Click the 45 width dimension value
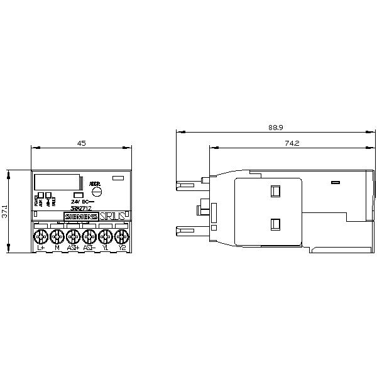[x=81, y=143]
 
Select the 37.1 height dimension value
[x=6, y=210]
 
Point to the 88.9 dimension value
[x=275, y=128]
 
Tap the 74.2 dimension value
[x=291, y=143]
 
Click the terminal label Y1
[x=106, y=248]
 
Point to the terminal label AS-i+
[x=73, y=248]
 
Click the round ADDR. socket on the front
[x=96, y=192]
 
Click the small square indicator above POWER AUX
[x=40, y=195]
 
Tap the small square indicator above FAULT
[x=49, y=195]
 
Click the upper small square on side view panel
[x=275, y=190]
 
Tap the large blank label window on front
[x=57, y=182]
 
